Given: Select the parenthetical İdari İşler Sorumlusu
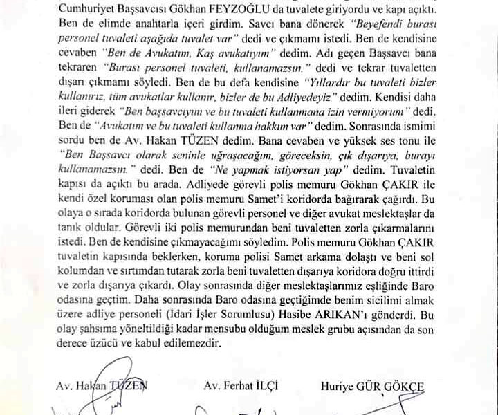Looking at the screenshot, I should pos(236,312).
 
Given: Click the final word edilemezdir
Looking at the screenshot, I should pos(200,341).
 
